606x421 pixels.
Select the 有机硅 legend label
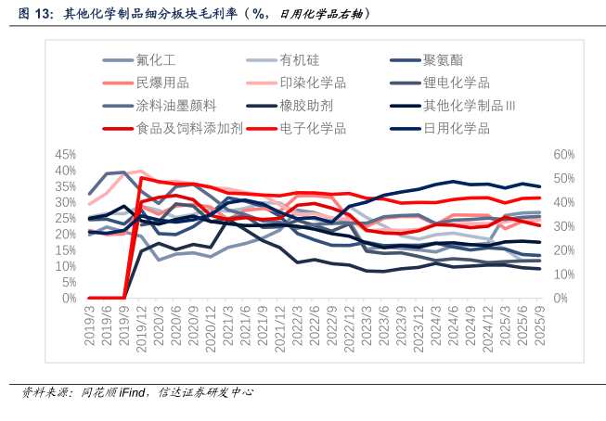coord(299,60)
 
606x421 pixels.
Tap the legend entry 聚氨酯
coord(443,60)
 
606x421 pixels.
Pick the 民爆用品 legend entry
coord(162,83)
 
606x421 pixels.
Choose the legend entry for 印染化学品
coord(313,83)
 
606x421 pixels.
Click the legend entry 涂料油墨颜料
coord(175,105)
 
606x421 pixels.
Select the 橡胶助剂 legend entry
coord(305,105)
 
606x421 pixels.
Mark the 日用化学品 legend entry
coord(456,127)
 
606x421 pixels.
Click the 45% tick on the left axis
coord(66,154)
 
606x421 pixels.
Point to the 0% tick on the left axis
coord(71,299)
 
